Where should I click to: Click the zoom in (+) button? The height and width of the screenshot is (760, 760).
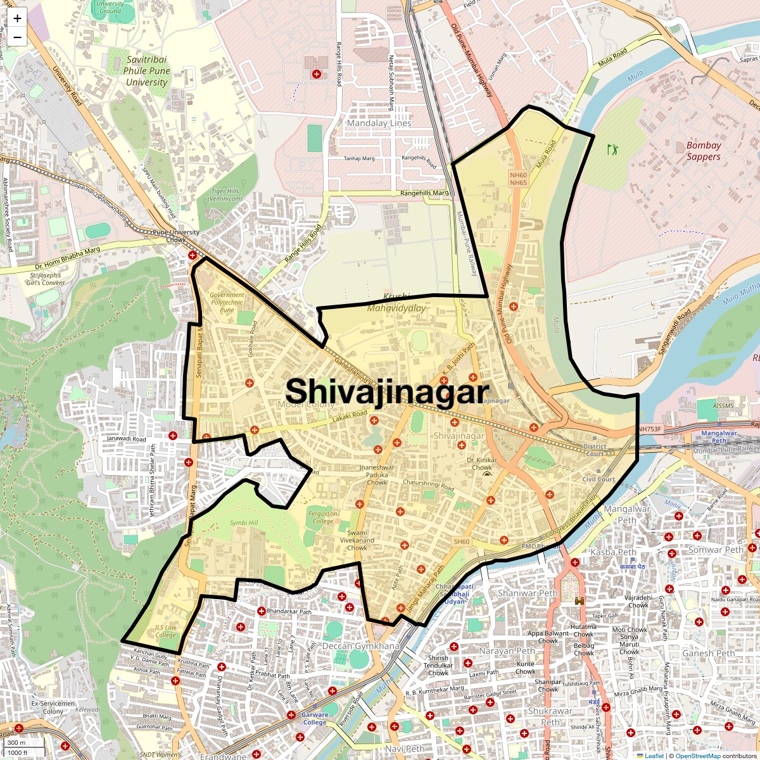point(17,18)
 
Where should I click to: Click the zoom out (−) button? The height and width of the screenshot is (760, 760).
point(17,37)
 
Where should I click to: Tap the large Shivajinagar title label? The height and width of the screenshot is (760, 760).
point(388,392)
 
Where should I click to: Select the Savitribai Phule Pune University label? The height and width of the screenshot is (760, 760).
point(147,71)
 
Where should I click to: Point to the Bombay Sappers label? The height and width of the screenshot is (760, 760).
point(704,151)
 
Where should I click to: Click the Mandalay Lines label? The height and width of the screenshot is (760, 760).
point(379,123)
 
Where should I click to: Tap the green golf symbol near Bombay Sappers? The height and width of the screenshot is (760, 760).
point(612,150)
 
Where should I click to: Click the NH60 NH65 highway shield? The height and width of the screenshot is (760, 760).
point(518,179)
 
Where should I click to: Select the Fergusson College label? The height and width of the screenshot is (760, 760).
point(323,517)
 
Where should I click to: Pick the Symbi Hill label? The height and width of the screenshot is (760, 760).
point(244,523)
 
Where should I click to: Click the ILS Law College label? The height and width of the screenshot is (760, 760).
point(165,631)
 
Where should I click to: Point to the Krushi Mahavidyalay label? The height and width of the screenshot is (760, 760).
point(396,303)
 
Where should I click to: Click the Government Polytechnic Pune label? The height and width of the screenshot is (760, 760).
point(227,302)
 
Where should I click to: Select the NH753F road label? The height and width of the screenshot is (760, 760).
point(649,429)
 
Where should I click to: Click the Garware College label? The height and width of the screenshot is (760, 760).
point(315,718)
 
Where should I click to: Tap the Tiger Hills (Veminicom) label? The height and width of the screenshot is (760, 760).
point(225,194)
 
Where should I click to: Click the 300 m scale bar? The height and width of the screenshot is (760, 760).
point(17,742)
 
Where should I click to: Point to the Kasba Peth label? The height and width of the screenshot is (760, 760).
point(613,552)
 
